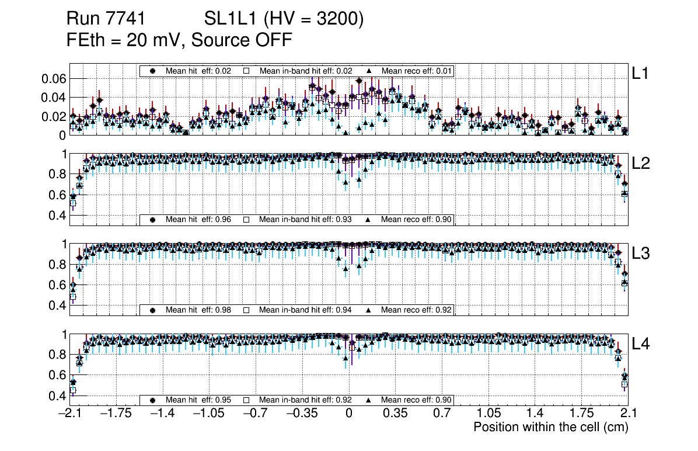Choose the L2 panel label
coord(641,164)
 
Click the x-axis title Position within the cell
coord(550,427)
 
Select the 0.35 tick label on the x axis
coord(395,414)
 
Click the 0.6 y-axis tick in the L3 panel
coord(60,285)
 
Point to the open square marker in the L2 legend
coord(246,220)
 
